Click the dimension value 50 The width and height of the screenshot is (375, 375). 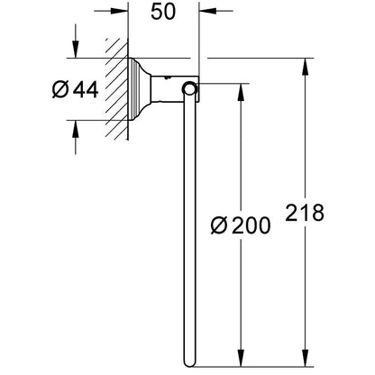click(163, 12)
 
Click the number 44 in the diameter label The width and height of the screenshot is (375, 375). click(86, 89)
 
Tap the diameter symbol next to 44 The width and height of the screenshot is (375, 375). click(60, 89)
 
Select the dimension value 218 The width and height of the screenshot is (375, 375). click(305, 213)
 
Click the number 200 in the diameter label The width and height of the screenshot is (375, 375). click(252, 225)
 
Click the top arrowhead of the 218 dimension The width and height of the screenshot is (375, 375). click(306, 67)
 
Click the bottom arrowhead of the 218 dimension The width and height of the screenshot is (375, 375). click(306, 358)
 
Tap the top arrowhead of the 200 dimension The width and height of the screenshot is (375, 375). click(241, 92)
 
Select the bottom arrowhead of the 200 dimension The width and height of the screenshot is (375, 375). click(241, 358)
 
